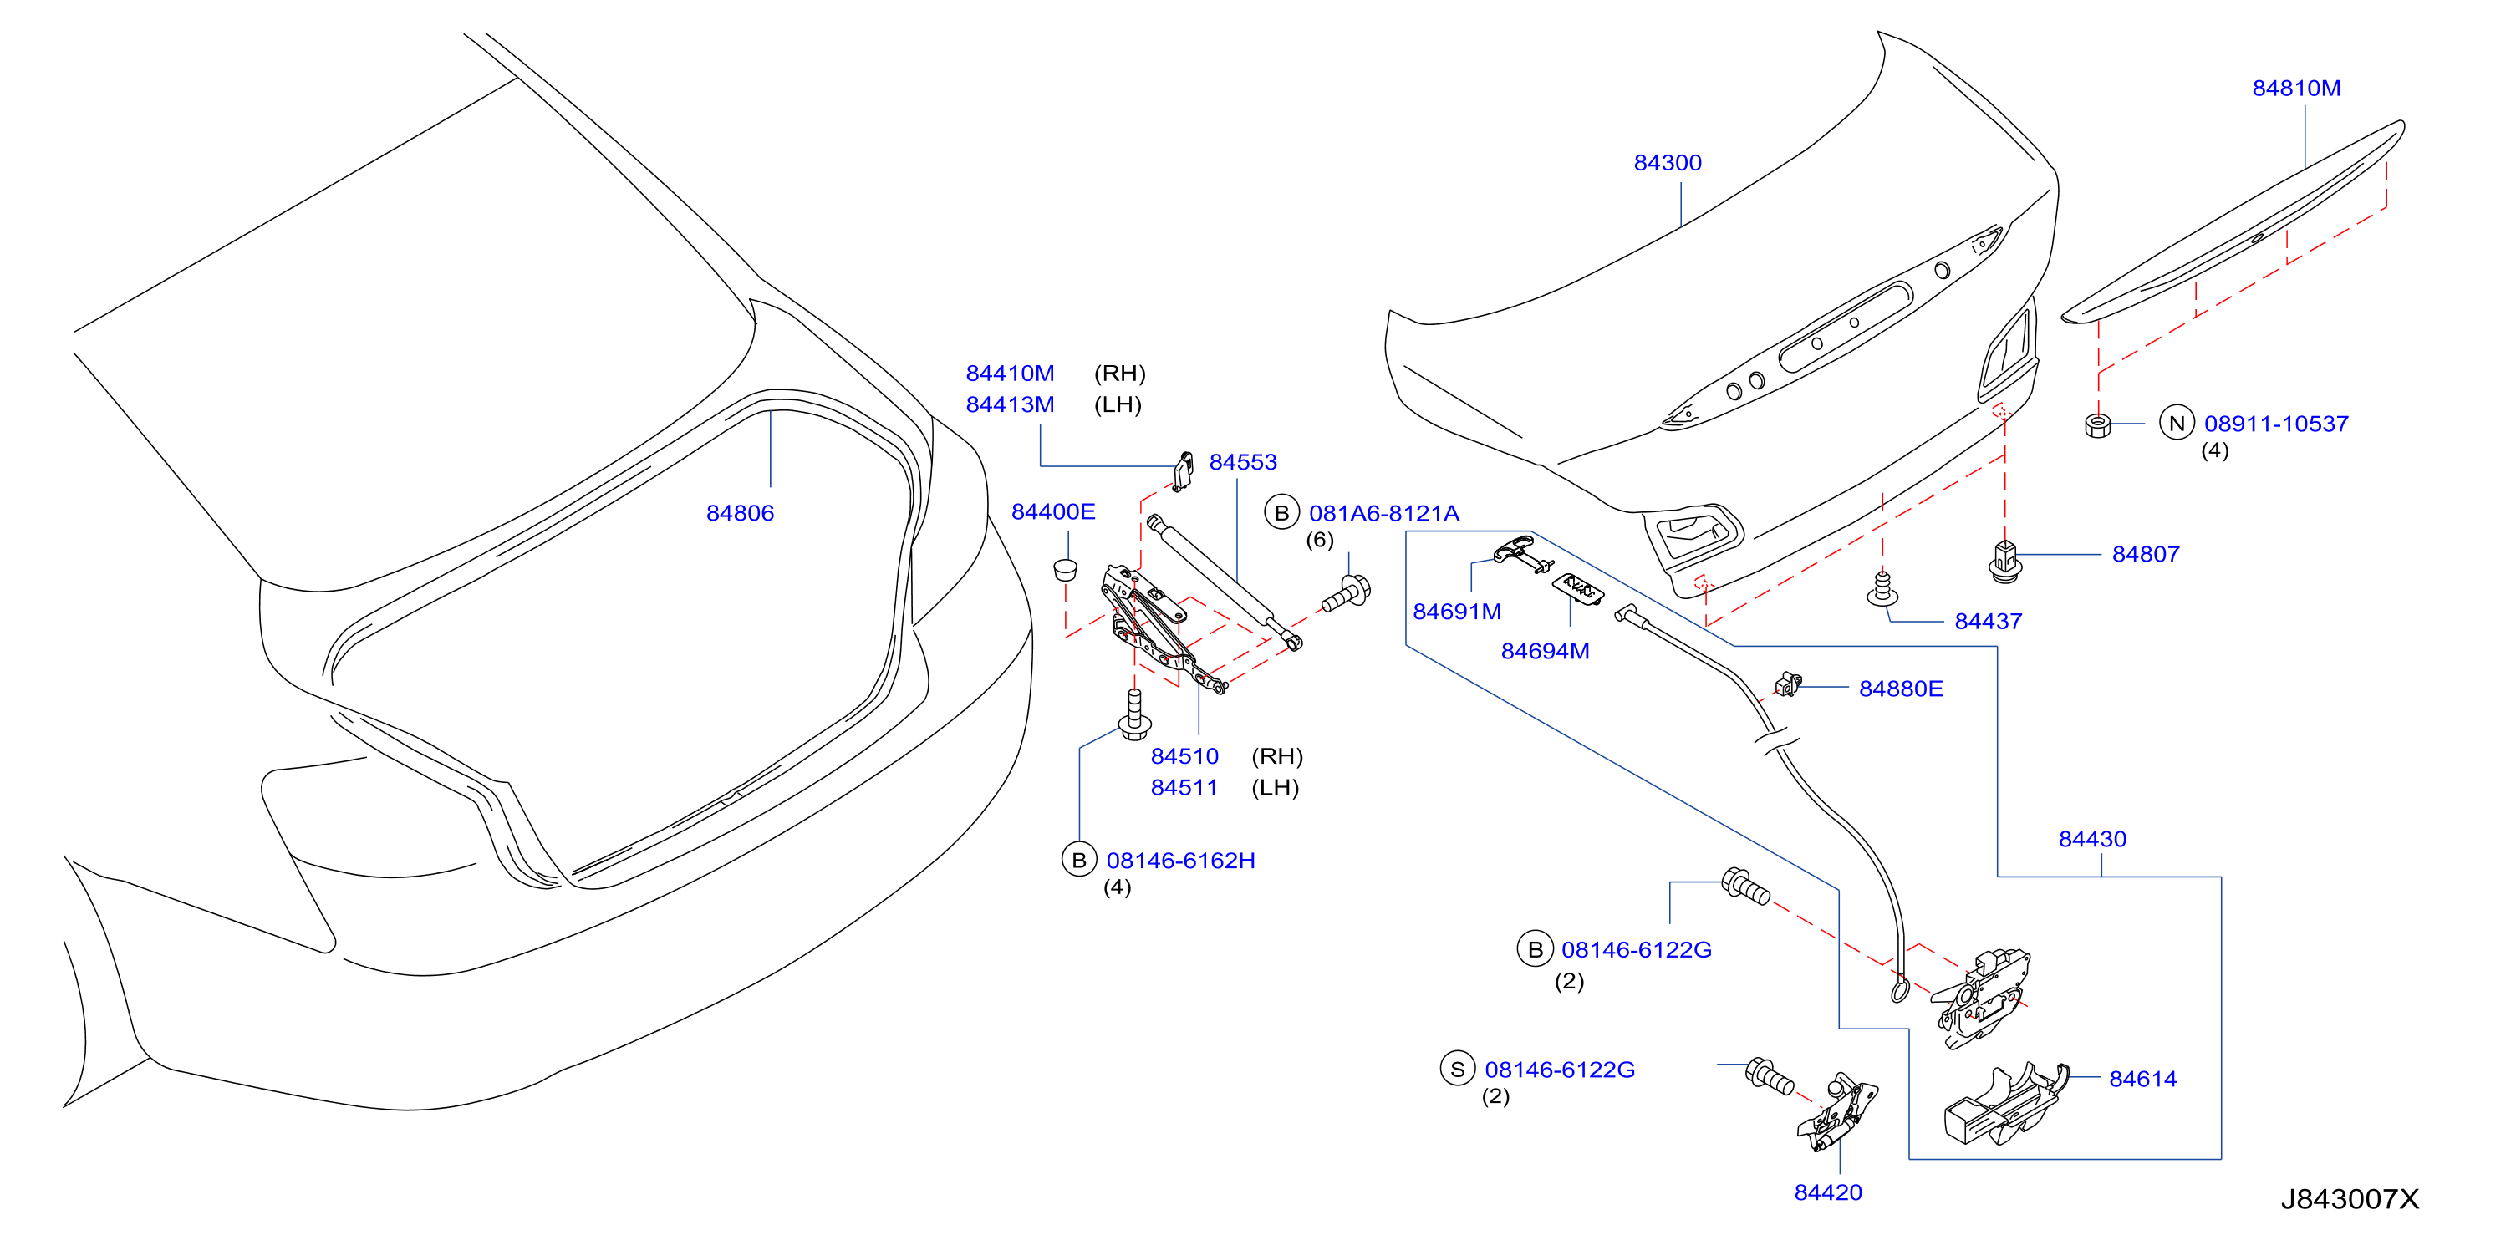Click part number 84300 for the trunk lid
pos(1668,163)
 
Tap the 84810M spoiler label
pos(2296,88)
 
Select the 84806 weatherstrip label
pos(740,512)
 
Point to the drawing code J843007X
pos(2350,1199)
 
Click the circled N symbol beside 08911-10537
pos(2176,423)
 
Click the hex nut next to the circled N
pos(2097,424)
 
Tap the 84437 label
pos(1988,621)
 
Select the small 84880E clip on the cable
pos(1787,684)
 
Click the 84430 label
pos(2092,839)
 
